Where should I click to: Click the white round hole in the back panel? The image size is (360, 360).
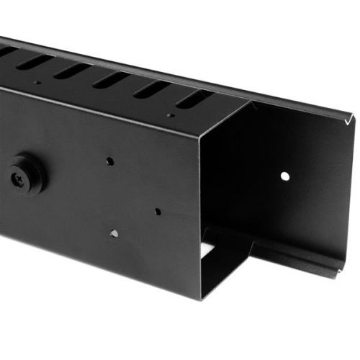[x=285, y=176]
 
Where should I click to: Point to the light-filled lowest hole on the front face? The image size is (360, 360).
[x=113, y=233]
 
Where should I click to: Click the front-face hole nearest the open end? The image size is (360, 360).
[x=157, y=212]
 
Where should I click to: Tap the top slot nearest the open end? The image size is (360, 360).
[x=194, y=99]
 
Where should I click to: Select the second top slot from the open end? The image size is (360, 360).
[x=152, y=89]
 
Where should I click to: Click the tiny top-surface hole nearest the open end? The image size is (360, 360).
[x=171, y=114]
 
